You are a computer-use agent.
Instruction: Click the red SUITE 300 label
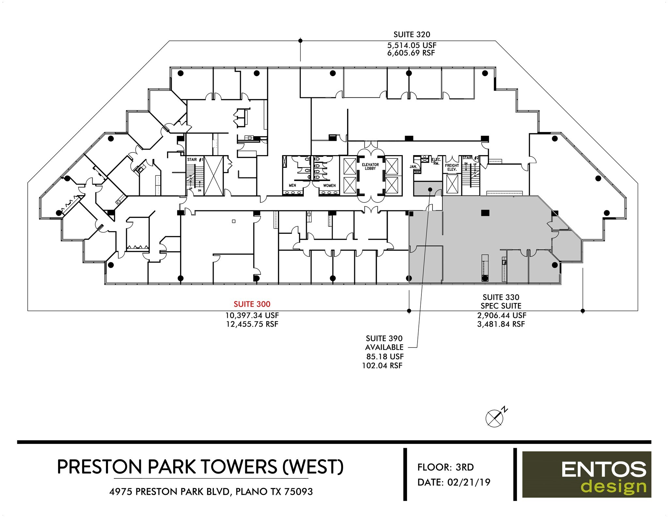pyautogui.click(x=252, y=304)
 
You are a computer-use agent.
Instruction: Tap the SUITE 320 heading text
pyautogui.click(x=412, y=34)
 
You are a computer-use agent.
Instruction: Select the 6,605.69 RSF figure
pyautogui.click(x=411, y=53)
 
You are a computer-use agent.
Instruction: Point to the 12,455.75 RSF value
pyautogui.click(x=252, y=324)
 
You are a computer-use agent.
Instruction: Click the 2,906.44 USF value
pyautogui.click(x=501, y=315)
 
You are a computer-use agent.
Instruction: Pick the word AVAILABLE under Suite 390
pyautogui.click(x=384, y=347)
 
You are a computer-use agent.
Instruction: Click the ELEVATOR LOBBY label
pyautogui.click(x=370, y=167)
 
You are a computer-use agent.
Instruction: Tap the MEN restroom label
pyautogui.click(x=292, y=185)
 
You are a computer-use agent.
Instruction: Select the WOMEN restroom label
pyautogui.click(x=329, y=186)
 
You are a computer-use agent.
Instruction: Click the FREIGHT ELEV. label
pyautogui.click(x=452, y=167)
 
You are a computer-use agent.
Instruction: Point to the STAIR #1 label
pyautogui.click(x=195, y=160)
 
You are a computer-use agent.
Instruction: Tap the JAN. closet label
pyautogui.click(x=413, y=167)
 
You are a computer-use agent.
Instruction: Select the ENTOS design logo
pyautogui.click(x=586, y=474)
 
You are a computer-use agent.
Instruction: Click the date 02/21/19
pyautogui.click(x=469, y=482)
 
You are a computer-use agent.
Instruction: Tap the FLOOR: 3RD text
pyautogui.click(x=445, y=467)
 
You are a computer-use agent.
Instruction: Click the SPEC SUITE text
pyautogui.click(x=501, y=306)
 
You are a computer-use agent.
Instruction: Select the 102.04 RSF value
pyautogui.click(x=382, y=365)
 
